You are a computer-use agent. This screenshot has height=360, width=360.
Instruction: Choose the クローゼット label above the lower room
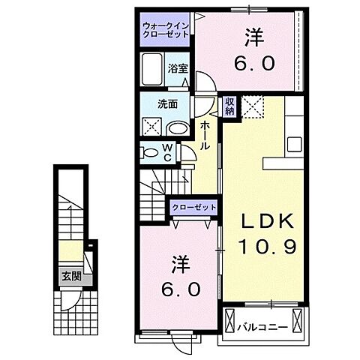click(x=194, y=207)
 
